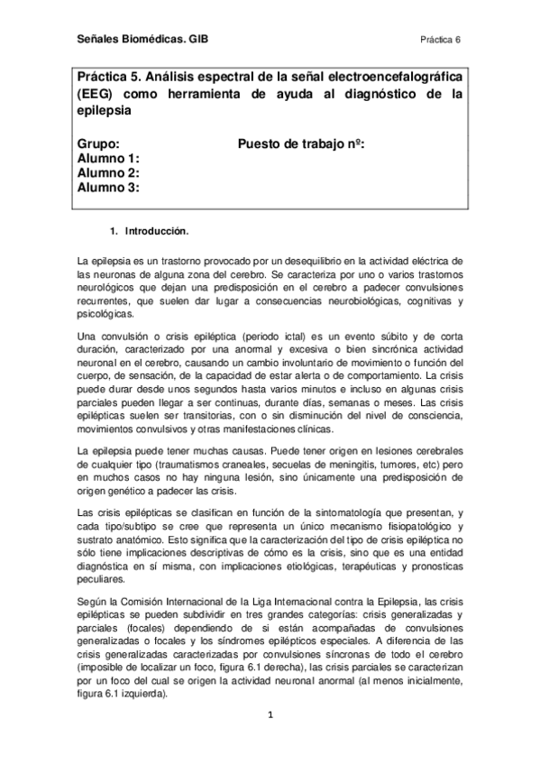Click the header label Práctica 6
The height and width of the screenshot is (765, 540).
440,40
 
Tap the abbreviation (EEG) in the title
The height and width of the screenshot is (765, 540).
98,94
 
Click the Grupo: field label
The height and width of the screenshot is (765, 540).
98,144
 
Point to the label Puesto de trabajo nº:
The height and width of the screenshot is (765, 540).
301,144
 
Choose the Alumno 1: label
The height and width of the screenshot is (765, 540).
108,159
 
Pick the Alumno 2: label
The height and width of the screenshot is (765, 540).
108,173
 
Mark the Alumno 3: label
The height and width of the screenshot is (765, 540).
108,188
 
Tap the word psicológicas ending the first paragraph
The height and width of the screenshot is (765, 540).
105,315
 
